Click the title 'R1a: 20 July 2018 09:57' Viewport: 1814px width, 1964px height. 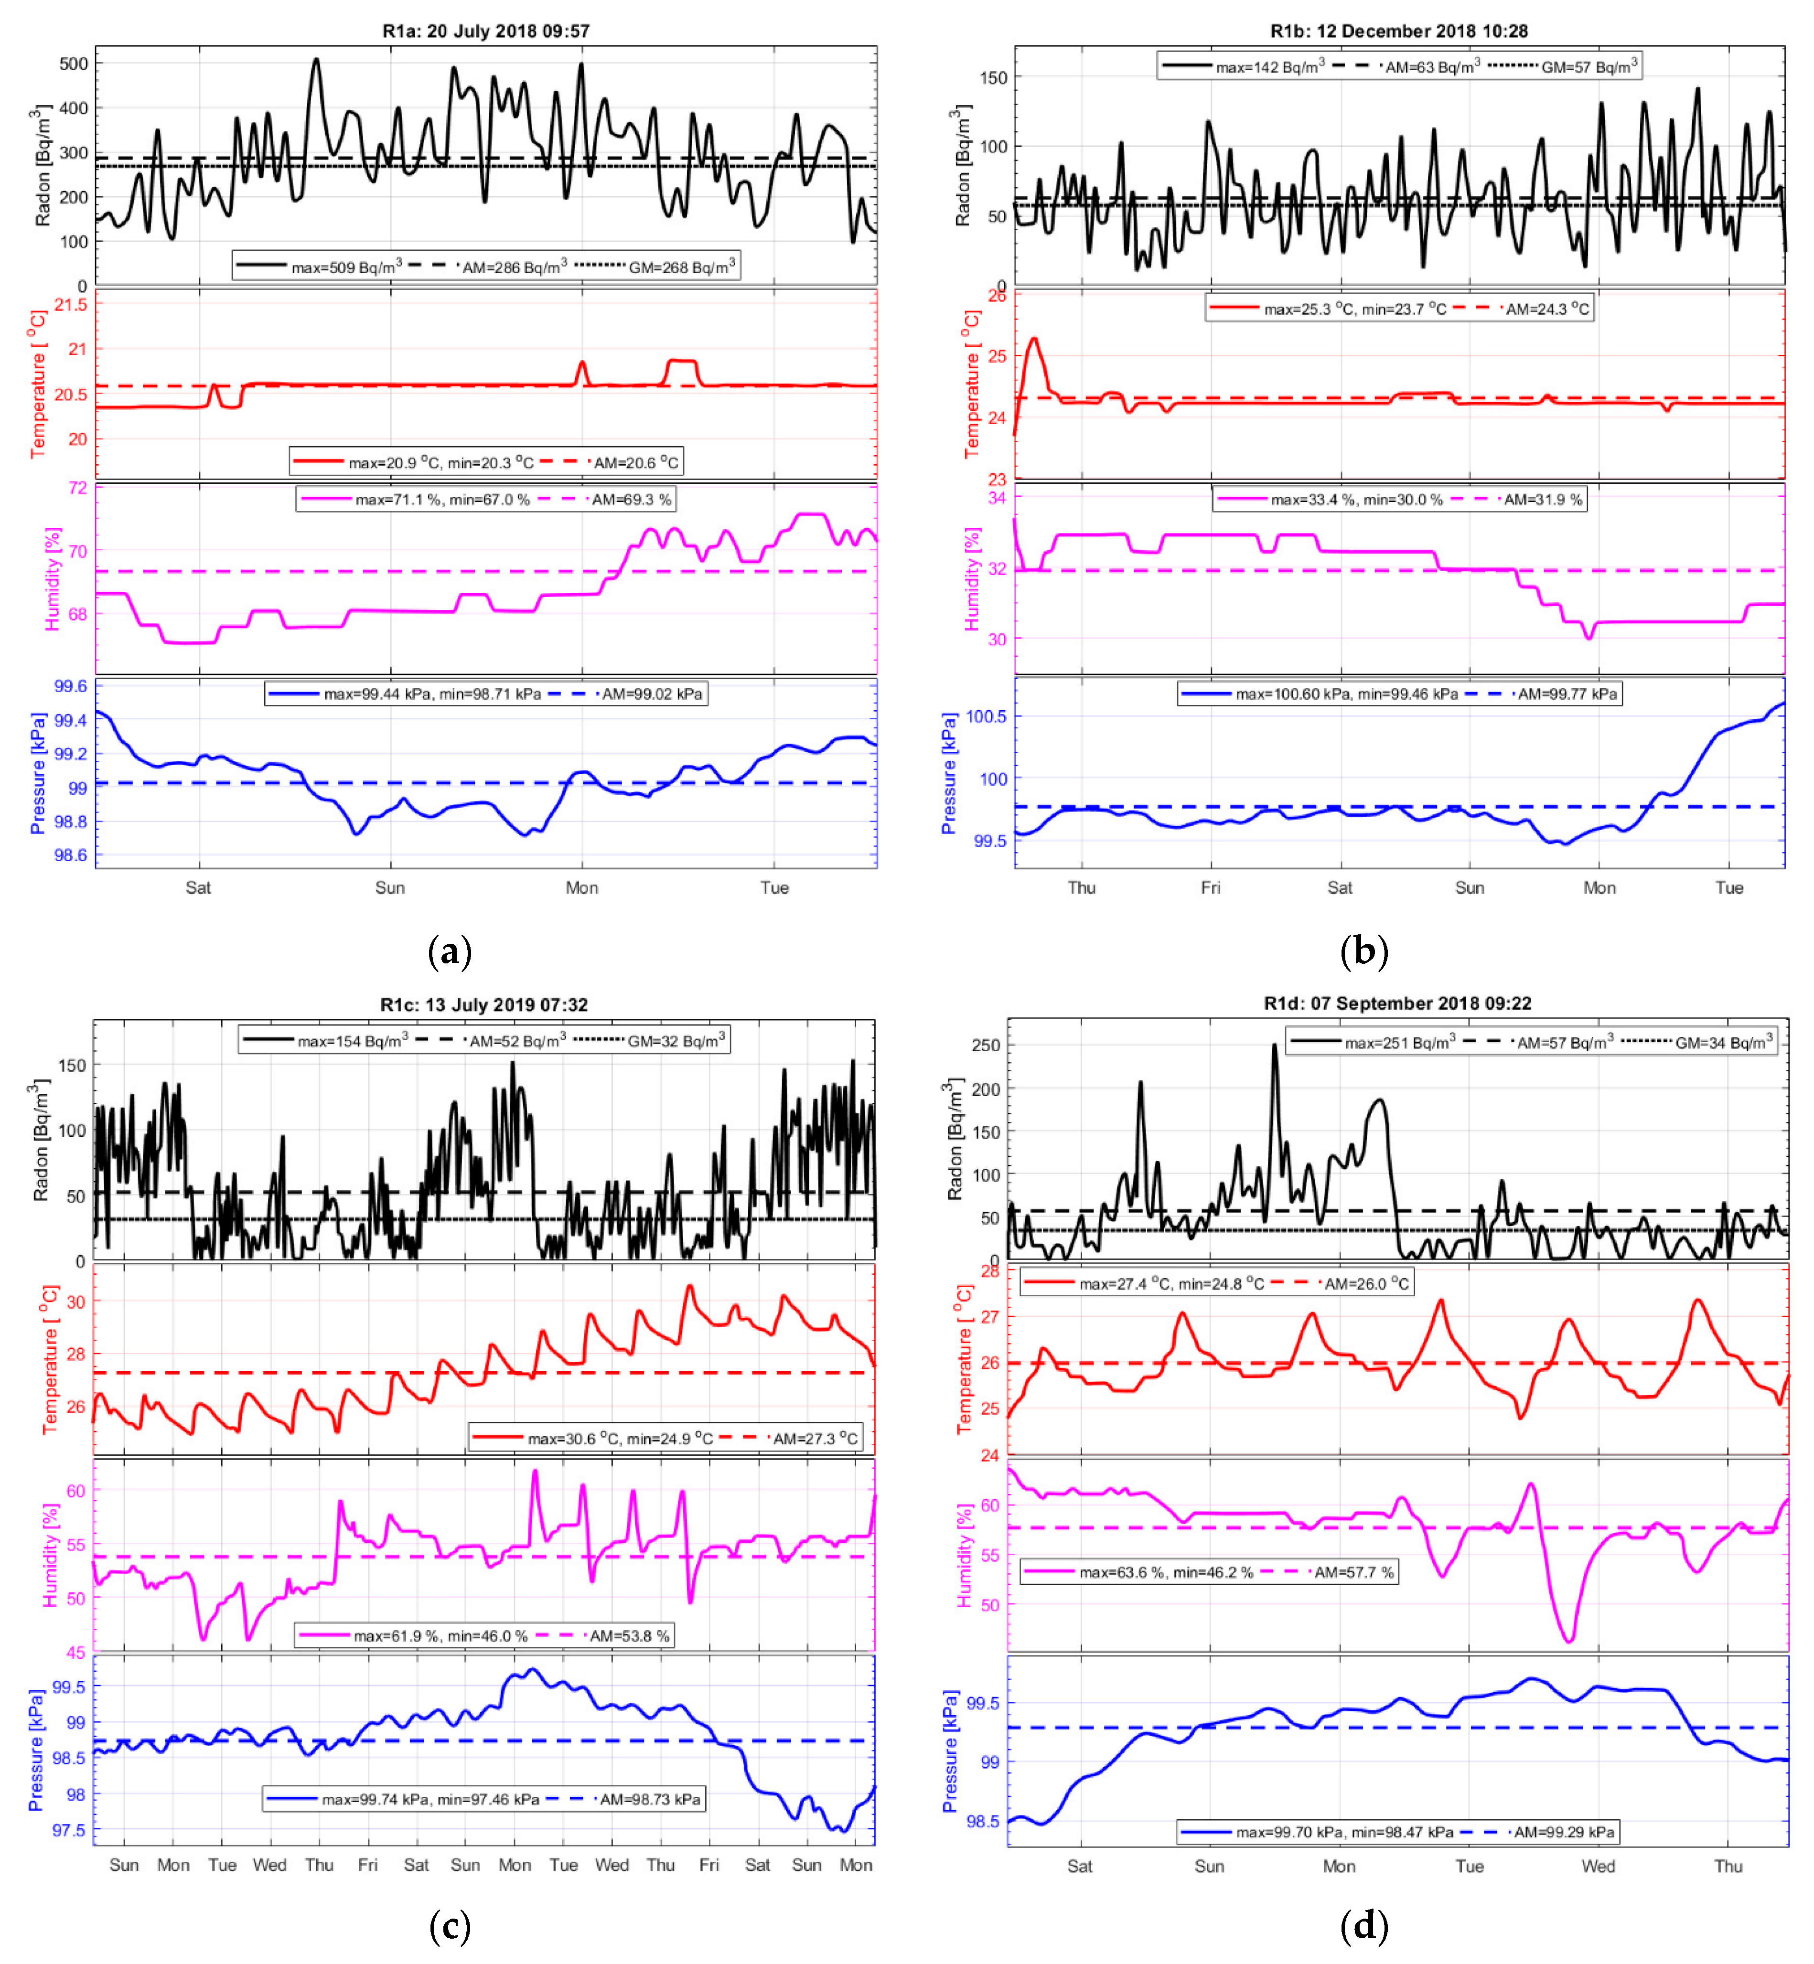click(486, 32)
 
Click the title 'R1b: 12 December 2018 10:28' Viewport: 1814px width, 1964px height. click(1399, 32)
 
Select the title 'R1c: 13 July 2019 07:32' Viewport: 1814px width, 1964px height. click(484, 1005)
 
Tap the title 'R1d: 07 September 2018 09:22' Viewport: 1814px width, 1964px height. click(1397, 1003)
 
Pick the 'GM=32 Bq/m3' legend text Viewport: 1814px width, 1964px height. click(676, 1040)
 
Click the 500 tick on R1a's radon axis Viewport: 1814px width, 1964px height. click(74, 64)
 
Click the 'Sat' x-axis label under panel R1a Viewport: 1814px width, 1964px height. click(198, 887)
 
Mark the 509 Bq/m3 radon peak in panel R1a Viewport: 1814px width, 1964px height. click(316, 60)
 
